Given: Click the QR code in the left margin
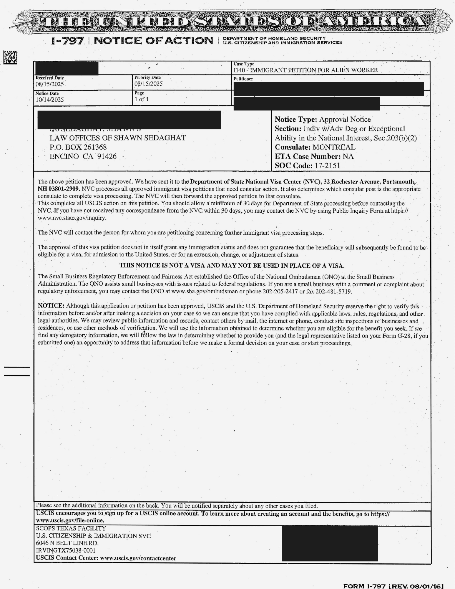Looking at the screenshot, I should click(x=10, y=57).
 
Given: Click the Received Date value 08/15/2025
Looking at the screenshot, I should click(x=49, y=84).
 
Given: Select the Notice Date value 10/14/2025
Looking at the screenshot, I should click(x=49, y=100).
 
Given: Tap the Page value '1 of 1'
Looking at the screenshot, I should click(x=142, y=99).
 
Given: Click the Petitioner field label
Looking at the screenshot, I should click(x=243, y=79).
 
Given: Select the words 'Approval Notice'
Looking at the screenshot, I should click(x=345, y=119).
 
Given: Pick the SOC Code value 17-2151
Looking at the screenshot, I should click(x=327, y=166).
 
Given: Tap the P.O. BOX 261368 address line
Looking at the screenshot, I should click(x=78, y=147).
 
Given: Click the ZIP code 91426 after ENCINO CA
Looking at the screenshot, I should click(x=107, y=156).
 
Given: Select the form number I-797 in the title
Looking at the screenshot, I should click(x=68, y=41).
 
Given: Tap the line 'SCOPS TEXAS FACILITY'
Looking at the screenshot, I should click(x=71, y=529).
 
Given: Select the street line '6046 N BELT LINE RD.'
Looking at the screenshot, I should click(x=67, y=543).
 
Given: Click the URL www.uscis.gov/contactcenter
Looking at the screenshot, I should click(x=138, y=558).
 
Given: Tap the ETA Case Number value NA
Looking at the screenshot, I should click(x=348, y=156).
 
